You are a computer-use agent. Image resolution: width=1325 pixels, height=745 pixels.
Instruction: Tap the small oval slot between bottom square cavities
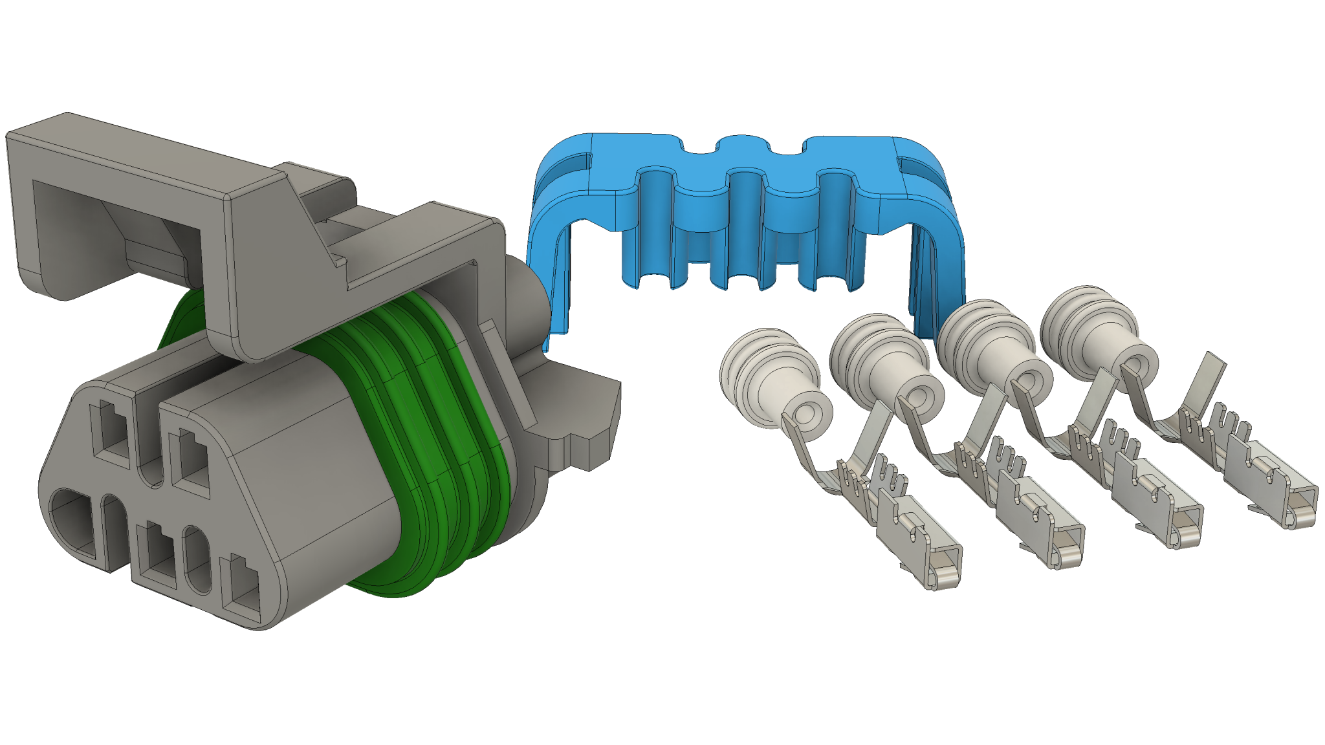click(197, 559)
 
